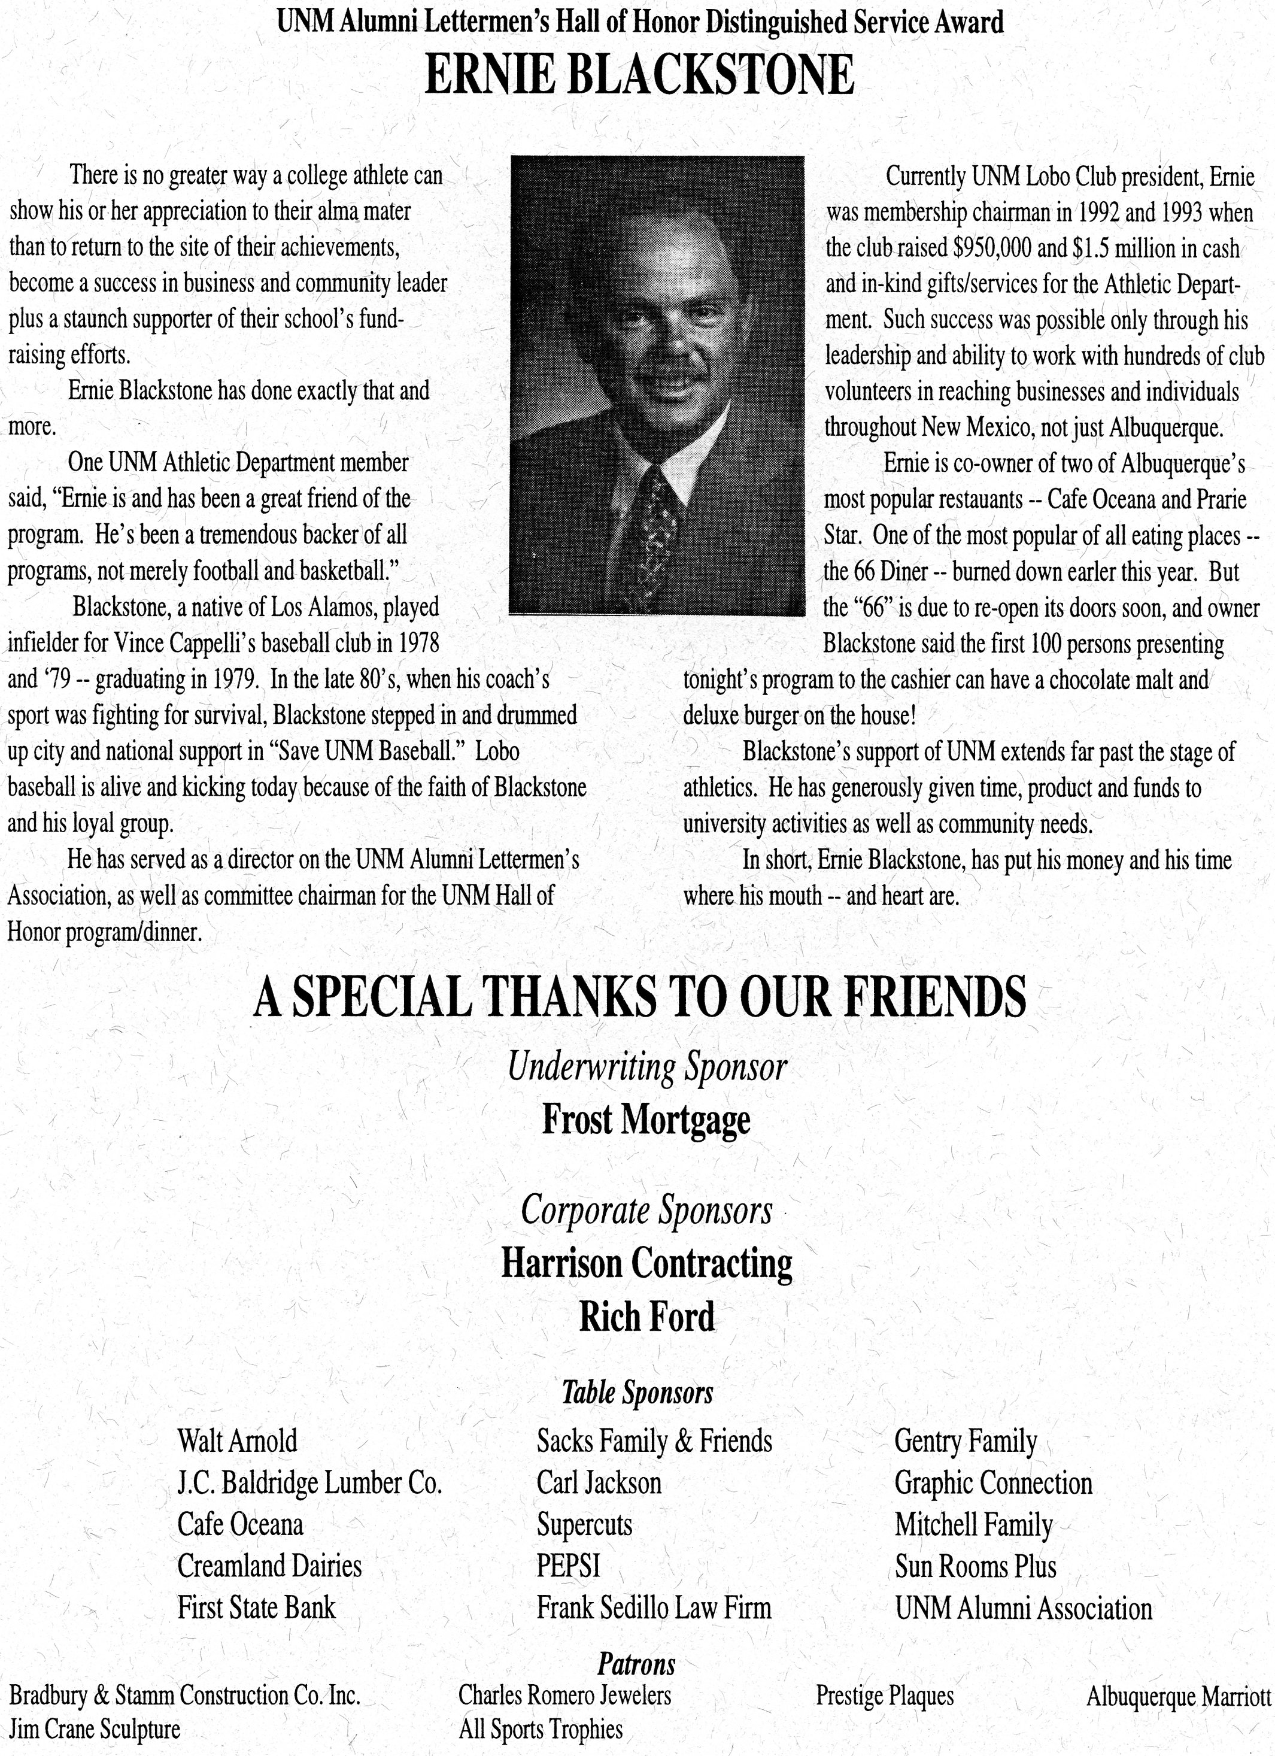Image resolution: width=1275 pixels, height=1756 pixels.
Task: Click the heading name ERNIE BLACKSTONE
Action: coord(639,76)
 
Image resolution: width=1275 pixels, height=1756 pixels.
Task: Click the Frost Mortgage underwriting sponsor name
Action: coord(646,1120)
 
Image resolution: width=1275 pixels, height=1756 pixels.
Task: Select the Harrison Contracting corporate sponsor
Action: coord(646,1263)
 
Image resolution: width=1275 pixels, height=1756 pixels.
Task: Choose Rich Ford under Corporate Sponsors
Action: coord(646,1316)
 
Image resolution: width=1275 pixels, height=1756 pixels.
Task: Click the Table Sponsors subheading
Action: coord(637,1392)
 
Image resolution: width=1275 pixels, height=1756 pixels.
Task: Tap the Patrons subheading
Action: coord(636,1663)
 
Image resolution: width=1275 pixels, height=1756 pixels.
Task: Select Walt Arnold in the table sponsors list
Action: coord(237,1442)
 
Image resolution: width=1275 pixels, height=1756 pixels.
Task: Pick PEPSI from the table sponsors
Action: coord(568,1566)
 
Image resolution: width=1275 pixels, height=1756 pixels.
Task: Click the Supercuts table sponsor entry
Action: coord(584,1524)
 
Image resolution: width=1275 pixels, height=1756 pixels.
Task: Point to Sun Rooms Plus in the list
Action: coord(976,1566)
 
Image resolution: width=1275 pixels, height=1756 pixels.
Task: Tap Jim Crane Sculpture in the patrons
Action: coord(95,1729)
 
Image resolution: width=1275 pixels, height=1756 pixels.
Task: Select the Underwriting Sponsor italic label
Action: coord(647,1067)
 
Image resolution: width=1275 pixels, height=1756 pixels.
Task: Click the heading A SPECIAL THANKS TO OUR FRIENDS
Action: coord(639,996)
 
